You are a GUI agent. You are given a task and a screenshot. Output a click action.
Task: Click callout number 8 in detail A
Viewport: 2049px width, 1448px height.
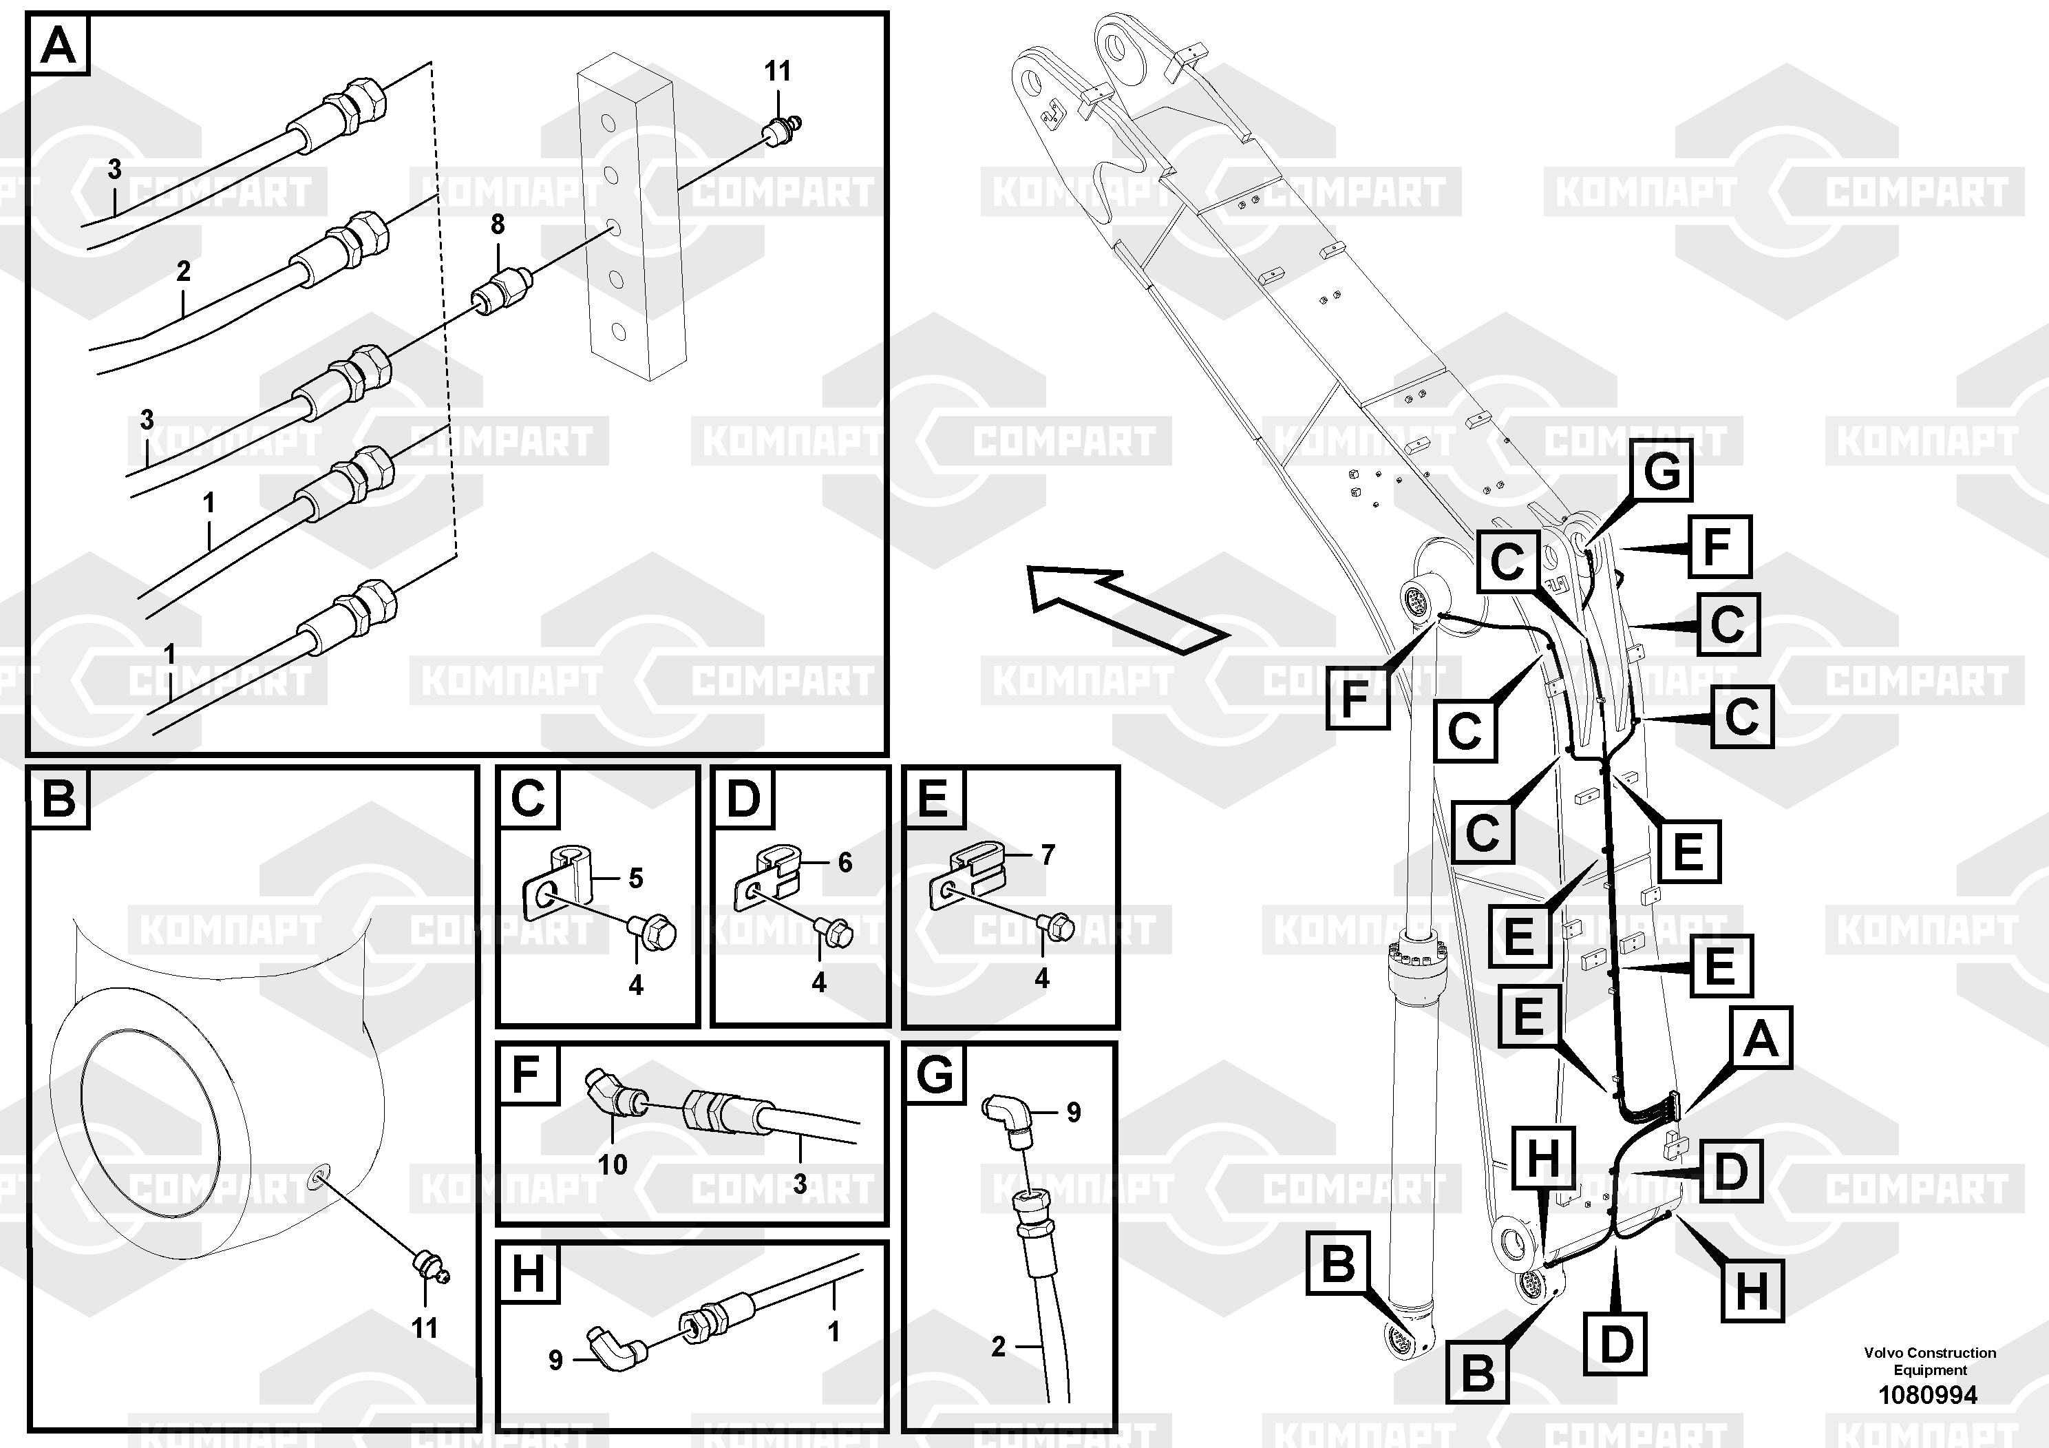497,224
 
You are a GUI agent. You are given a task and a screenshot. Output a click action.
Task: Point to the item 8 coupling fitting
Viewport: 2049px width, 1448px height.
502,291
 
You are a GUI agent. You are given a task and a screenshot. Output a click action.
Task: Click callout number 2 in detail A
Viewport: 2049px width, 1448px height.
183,271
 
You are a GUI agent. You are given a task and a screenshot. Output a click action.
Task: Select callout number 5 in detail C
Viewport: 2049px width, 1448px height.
635,879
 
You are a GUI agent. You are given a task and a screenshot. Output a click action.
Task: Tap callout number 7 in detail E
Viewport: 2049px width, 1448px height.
1048,854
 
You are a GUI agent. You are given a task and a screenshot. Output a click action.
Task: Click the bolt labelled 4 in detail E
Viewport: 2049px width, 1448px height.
1057,928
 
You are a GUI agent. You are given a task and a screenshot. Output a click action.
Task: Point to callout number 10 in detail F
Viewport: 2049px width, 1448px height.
612,1164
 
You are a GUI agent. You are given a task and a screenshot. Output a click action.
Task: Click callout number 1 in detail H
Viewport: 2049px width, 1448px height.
834,1331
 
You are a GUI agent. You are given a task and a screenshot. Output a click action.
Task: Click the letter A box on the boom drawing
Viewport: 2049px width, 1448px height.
1761,1039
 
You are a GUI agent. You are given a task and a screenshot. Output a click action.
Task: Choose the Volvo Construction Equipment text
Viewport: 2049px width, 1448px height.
1929,1361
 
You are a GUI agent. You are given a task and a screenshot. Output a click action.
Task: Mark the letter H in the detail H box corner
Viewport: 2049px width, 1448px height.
527,1272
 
